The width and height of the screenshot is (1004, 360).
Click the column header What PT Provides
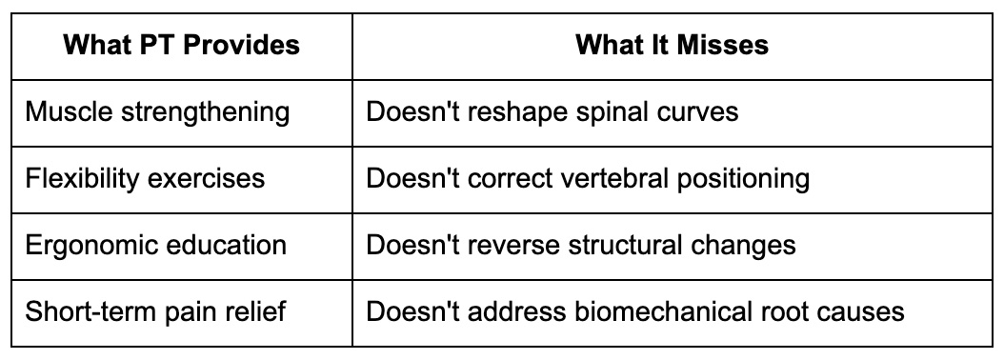181,46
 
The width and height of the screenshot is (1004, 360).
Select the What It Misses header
673,46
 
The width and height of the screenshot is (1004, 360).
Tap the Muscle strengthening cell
157,111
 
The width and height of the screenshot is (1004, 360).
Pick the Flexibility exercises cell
145,178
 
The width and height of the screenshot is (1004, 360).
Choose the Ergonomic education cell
155,245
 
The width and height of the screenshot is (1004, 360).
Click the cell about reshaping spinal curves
552,111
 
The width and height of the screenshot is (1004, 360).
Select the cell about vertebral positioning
588,178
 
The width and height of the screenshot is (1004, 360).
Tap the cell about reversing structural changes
581,245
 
